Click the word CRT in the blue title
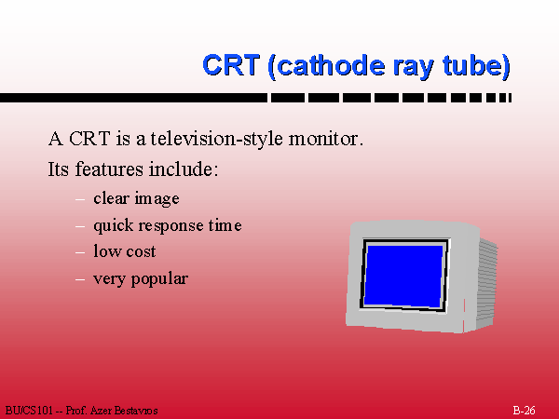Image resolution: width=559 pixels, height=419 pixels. pos(231,65)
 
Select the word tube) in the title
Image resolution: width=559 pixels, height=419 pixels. pos(476,65)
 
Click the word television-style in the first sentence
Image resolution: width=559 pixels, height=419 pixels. pos(217,139)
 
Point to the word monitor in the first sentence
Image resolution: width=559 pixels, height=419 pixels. pos(325,139)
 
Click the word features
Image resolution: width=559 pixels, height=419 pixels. pos(110,169)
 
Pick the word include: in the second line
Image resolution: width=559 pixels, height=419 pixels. pos(183,169)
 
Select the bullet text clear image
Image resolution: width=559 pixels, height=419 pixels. pos(136,198)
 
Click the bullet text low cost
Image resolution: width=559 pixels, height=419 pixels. pos(125,251)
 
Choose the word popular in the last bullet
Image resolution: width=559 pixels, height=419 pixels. pos(159,279)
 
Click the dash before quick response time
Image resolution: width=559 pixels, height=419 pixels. pos(80,226)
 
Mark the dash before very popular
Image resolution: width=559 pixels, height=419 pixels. pos(80,279)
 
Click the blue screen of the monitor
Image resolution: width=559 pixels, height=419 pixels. pos(403,276)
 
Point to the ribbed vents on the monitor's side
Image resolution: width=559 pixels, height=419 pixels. pos(486,283)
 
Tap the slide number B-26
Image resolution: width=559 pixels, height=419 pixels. pos(524,411)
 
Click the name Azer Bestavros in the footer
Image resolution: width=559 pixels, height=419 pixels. pos(124,411)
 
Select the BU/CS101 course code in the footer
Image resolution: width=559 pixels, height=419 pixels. pos(29,411)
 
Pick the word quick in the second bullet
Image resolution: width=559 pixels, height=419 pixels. pos(114,226)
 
